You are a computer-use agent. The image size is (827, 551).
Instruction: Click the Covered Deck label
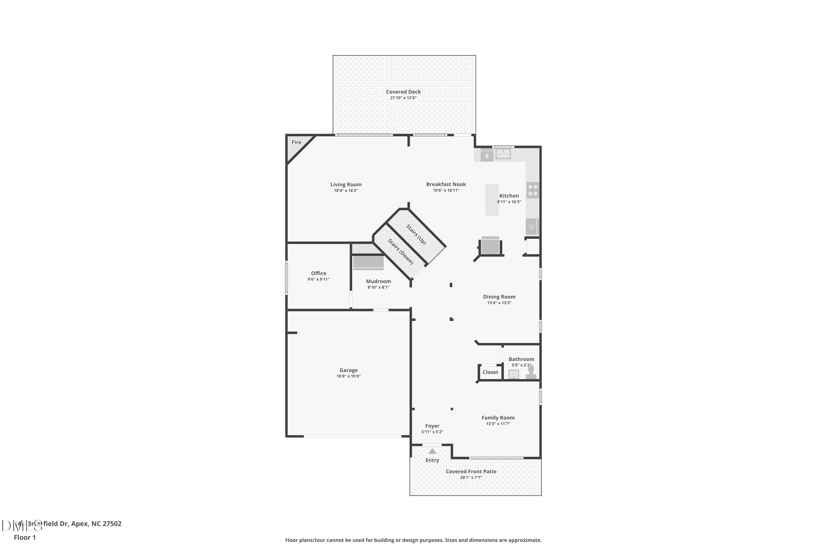[403, 92]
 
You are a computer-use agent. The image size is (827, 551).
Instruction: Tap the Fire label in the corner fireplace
[296, 142]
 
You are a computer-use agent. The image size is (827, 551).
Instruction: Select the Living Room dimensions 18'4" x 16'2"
[346, 190]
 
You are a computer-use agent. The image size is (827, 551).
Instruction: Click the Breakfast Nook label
[446, 184]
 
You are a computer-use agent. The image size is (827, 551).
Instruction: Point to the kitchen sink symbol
[503, 154]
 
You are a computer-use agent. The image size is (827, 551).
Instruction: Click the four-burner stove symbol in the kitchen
[533, 190]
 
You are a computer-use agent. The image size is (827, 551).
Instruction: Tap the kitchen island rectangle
[492, 199]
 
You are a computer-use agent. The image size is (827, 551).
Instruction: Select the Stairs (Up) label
[416, 234]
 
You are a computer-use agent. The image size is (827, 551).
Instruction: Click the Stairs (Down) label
[401, 252]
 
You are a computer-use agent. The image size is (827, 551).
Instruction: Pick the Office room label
[319, 273]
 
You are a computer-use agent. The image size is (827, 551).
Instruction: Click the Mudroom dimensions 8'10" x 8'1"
[378, 287]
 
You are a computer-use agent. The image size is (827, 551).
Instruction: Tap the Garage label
[348, 370]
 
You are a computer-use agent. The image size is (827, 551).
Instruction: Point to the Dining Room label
[499, 297]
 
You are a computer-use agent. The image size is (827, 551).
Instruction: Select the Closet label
[490, 372]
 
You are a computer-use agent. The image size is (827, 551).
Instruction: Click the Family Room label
[498, 417]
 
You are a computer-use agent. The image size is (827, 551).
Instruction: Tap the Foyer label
[432, 426]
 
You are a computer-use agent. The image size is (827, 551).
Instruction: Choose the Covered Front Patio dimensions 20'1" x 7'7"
[471, 477]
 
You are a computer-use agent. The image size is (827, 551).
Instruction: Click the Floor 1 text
[25, 537]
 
